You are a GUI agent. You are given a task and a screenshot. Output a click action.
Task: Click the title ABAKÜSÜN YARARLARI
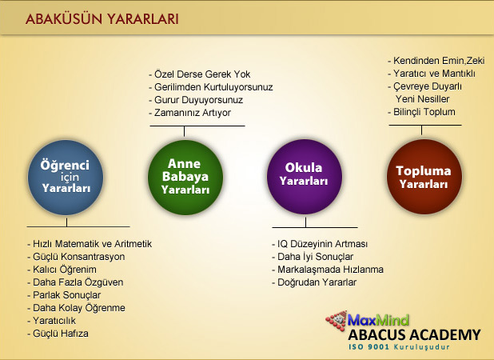[x=102, y=19]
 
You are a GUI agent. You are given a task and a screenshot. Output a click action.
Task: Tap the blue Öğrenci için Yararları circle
[x=66, y=178]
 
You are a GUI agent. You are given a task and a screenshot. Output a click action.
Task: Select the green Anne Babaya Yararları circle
[x=185, y=178]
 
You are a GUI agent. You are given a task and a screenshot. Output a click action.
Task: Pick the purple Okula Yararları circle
[x=305, y=177]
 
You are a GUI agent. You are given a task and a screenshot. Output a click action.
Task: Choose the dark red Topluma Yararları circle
[x=424, y=177]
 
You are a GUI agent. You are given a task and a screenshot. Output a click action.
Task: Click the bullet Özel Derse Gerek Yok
[x=199, y=74]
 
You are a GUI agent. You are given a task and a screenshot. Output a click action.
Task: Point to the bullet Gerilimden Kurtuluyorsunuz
[x=211, y=87]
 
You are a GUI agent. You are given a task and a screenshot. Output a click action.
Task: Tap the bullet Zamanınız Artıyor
[x=189, y=113]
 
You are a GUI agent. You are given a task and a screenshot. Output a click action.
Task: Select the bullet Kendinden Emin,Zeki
[x=436, y=61]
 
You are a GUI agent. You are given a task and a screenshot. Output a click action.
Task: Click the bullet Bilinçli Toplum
[x=421, y=112]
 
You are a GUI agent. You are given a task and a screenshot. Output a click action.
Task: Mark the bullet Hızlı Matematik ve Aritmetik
[x=90, y=244]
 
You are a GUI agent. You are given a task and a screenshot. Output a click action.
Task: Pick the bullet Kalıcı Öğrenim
[x=62, y=270]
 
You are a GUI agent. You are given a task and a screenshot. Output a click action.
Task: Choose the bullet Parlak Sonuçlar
[x=64, y=295]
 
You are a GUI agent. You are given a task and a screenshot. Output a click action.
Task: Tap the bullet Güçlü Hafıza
[x=58, y=334]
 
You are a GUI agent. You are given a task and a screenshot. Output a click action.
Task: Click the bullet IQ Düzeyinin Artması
[x=320, y=244]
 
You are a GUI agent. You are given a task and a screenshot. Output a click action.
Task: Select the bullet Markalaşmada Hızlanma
[x=328, y=270]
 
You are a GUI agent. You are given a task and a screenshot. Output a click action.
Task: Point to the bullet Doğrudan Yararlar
[x=314, y=282]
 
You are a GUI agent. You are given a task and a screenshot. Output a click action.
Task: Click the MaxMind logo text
[x=378, y=320]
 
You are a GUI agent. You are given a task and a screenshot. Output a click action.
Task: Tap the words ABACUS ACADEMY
[x=415, y=334]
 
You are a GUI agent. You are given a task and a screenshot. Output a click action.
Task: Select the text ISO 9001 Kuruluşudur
[x=399, y=347]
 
